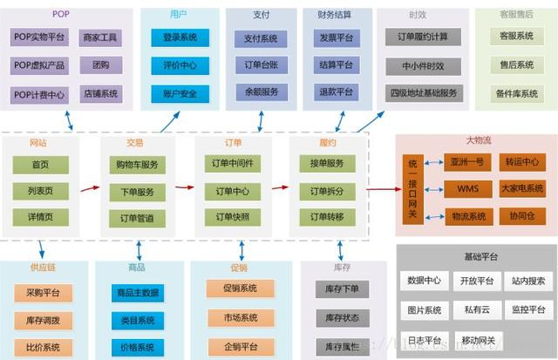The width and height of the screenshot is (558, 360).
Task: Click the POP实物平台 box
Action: point(40,37)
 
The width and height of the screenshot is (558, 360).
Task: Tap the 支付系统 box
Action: point(261,37)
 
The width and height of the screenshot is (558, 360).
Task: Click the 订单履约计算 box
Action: point(423,37)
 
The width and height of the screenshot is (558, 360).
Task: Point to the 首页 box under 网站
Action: point(40,164)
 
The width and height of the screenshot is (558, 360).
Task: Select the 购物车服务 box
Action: point(136,164)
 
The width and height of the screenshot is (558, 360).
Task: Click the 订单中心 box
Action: point(231,191)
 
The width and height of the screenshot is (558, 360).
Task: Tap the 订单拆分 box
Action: point(327,191)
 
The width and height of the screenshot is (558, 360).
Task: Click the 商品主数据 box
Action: point(137,293)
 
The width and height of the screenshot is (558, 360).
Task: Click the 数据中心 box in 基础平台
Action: point(424,281)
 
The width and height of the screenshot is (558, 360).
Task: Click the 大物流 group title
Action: point(478,140)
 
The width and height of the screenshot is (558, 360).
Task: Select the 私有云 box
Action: point(477,309)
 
